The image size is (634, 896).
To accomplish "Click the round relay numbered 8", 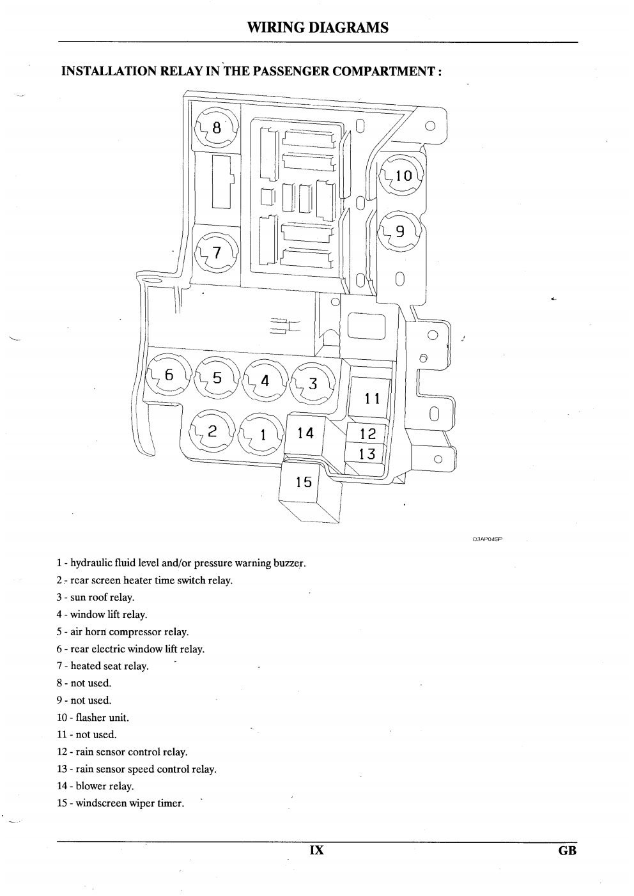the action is pyautogui.click(x=217, y=128).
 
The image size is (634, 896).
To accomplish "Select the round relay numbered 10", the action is pyautogui.click(x=401, y=175).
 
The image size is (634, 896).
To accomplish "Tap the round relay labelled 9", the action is pyautogui.click(x=400, y=231).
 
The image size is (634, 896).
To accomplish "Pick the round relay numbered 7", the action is pyautogui.click(x=217, y=253).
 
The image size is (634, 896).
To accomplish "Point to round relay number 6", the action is pyautogui.click(x=169, y=375).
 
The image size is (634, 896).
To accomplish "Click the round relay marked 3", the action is pyautogui.click(x=313, y=383).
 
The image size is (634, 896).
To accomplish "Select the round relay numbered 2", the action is pyautogui.click(x=212, y=431).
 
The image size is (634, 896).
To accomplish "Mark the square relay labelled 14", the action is pyautogui.click(x=305, y=435).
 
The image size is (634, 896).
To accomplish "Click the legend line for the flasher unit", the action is pyautogui.click(x=93, y=718).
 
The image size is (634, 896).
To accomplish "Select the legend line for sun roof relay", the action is pyautogui.click(x=95, y=598).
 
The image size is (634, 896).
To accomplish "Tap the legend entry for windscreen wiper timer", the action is pyautogui.click(x=120, y=803).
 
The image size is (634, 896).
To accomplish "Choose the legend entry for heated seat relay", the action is pyautogui.click(x=102, y=667).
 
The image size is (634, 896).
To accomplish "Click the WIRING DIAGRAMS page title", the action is pyautogui.click(x=318, y=27).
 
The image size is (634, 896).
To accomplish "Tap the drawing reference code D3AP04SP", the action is pyautogui.click(x=487, y=539).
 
